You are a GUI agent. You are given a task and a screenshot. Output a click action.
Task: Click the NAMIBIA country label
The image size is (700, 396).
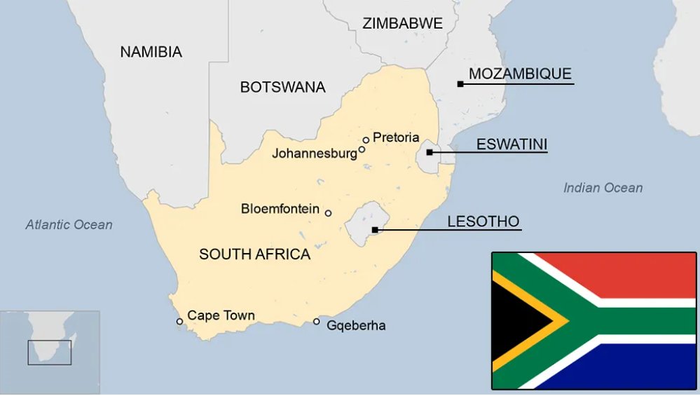point(151,51)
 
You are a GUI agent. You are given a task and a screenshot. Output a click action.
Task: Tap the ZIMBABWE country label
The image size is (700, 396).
point(402,23)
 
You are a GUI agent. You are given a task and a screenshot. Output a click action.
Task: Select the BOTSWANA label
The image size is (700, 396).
point(282,87)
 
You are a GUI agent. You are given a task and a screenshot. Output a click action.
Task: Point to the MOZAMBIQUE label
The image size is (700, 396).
point(520,74)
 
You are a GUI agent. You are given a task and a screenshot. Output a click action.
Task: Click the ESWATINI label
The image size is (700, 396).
point(512,144)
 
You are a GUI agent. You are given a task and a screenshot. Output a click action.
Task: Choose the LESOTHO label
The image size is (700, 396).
point(483,222)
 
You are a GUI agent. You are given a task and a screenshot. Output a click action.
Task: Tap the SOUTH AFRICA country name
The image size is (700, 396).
point(254,254)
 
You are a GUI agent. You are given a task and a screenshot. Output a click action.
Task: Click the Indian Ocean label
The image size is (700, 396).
point(603,187)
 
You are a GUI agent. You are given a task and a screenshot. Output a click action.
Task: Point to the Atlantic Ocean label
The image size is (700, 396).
point(69,225)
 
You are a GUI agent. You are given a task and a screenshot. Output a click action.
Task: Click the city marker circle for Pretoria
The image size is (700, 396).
point(366,140)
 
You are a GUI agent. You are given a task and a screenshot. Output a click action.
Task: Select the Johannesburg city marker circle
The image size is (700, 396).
point(362,149)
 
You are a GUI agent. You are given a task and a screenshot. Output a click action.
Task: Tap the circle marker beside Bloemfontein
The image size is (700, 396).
point(328,213)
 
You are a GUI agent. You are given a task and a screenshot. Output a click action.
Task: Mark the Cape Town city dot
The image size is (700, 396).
point(179,322)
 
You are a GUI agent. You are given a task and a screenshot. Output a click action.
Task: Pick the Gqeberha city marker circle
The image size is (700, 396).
point(317,322)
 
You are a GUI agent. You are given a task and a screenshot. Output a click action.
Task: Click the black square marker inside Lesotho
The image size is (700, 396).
point(375,229)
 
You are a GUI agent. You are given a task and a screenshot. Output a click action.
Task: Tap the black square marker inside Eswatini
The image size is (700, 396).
point(429,151)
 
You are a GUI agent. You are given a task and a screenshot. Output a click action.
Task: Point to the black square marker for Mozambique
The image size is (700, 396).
point(460,84)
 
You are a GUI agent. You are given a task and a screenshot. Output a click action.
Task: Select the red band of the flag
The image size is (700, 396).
point(638,273)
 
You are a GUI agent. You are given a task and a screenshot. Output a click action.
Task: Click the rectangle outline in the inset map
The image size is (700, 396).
point(49,353)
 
